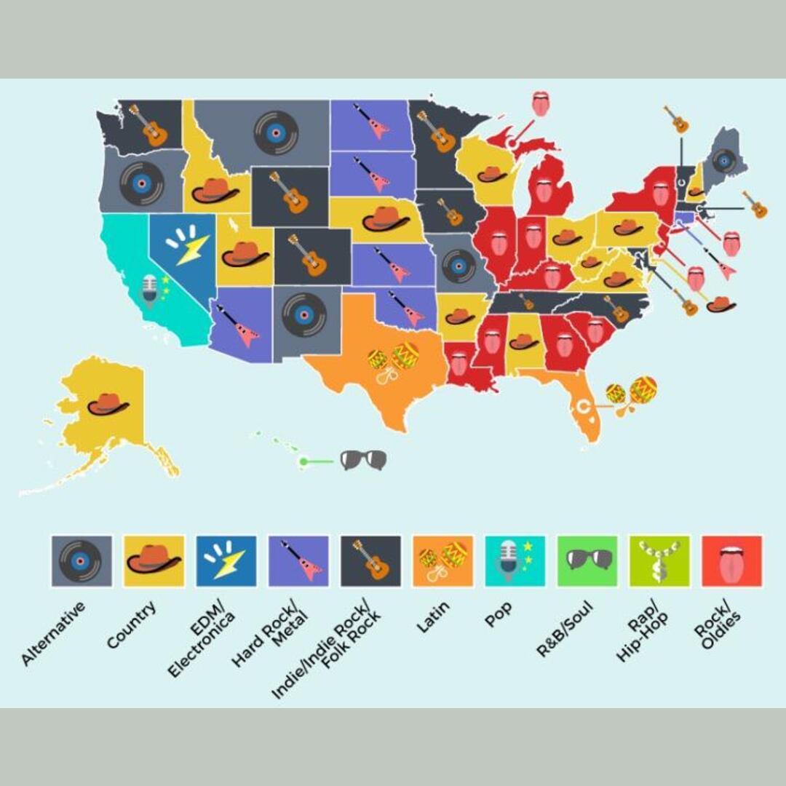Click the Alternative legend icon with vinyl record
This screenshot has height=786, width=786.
coord(82,561)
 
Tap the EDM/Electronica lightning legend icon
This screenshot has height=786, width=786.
coord(226,561)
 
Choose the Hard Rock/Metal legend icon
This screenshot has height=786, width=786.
coord(298,561)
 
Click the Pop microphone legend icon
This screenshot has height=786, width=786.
coord(515,561)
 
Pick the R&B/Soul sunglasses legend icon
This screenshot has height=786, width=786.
coord(587,561)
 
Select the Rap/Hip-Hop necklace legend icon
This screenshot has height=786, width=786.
coord(659,561)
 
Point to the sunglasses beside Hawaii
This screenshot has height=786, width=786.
coord(363,460)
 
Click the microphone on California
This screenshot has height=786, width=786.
coord(151,290)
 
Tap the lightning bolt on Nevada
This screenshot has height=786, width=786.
coord(187,245)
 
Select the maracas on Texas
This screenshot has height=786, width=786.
coord(394,362)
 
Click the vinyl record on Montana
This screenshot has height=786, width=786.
coord(276,132)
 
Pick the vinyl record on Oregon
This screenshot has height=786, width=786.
coord(141,183)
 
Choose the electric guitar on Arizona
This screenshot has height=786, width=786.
coord(239,326)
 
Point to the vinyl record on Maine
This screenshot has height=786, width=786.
coord(724,160)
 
